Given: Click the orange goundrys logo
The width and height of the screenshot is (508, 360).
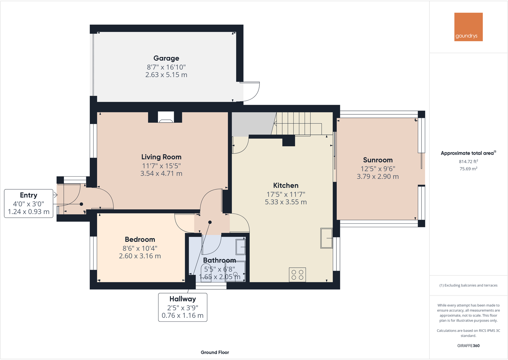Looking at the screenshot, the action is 468,27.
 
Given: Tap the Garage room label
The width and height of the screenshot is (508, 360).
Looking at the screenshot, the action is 166,58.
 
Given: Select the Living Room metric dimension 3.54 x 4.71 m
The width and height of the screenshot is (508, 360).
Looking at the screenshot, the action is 161,173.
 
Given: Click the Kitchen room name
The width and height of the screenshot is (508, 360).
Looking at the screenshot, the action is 286,186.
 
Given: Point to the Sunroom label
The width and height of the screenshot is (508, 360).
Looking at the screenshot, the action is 378,160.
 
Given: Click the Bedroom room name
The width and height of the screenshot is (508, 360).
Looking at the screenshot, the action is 140,239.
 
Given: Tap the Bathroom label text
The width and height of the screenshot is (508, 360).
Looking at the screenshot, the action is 219,260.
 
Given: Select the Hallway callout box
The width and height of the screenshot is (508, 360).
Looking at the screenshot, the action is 182,307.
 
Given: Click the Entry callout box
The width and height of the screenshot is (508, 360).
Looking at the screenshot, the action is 28,203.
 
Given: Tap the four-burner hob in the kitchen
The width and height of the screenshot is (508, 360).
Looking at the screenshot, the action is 297,275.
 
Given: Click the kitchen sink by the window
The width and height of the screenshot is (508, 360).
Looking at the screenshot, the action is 326,238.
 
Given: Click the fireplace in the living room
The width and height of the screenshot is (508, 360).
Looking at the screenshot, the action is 166,117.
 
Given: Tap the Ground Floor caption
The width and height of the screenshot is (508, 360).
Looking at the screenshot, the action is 215,352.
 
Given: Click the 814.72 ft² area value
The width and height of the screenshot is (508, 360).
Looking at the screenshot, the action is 468,161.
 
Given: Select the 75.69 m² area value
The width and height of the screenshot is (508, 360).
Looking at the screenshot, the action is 468,169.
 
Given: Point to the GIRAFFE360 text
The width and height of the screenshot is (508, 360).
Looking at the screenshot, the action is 468,346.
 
